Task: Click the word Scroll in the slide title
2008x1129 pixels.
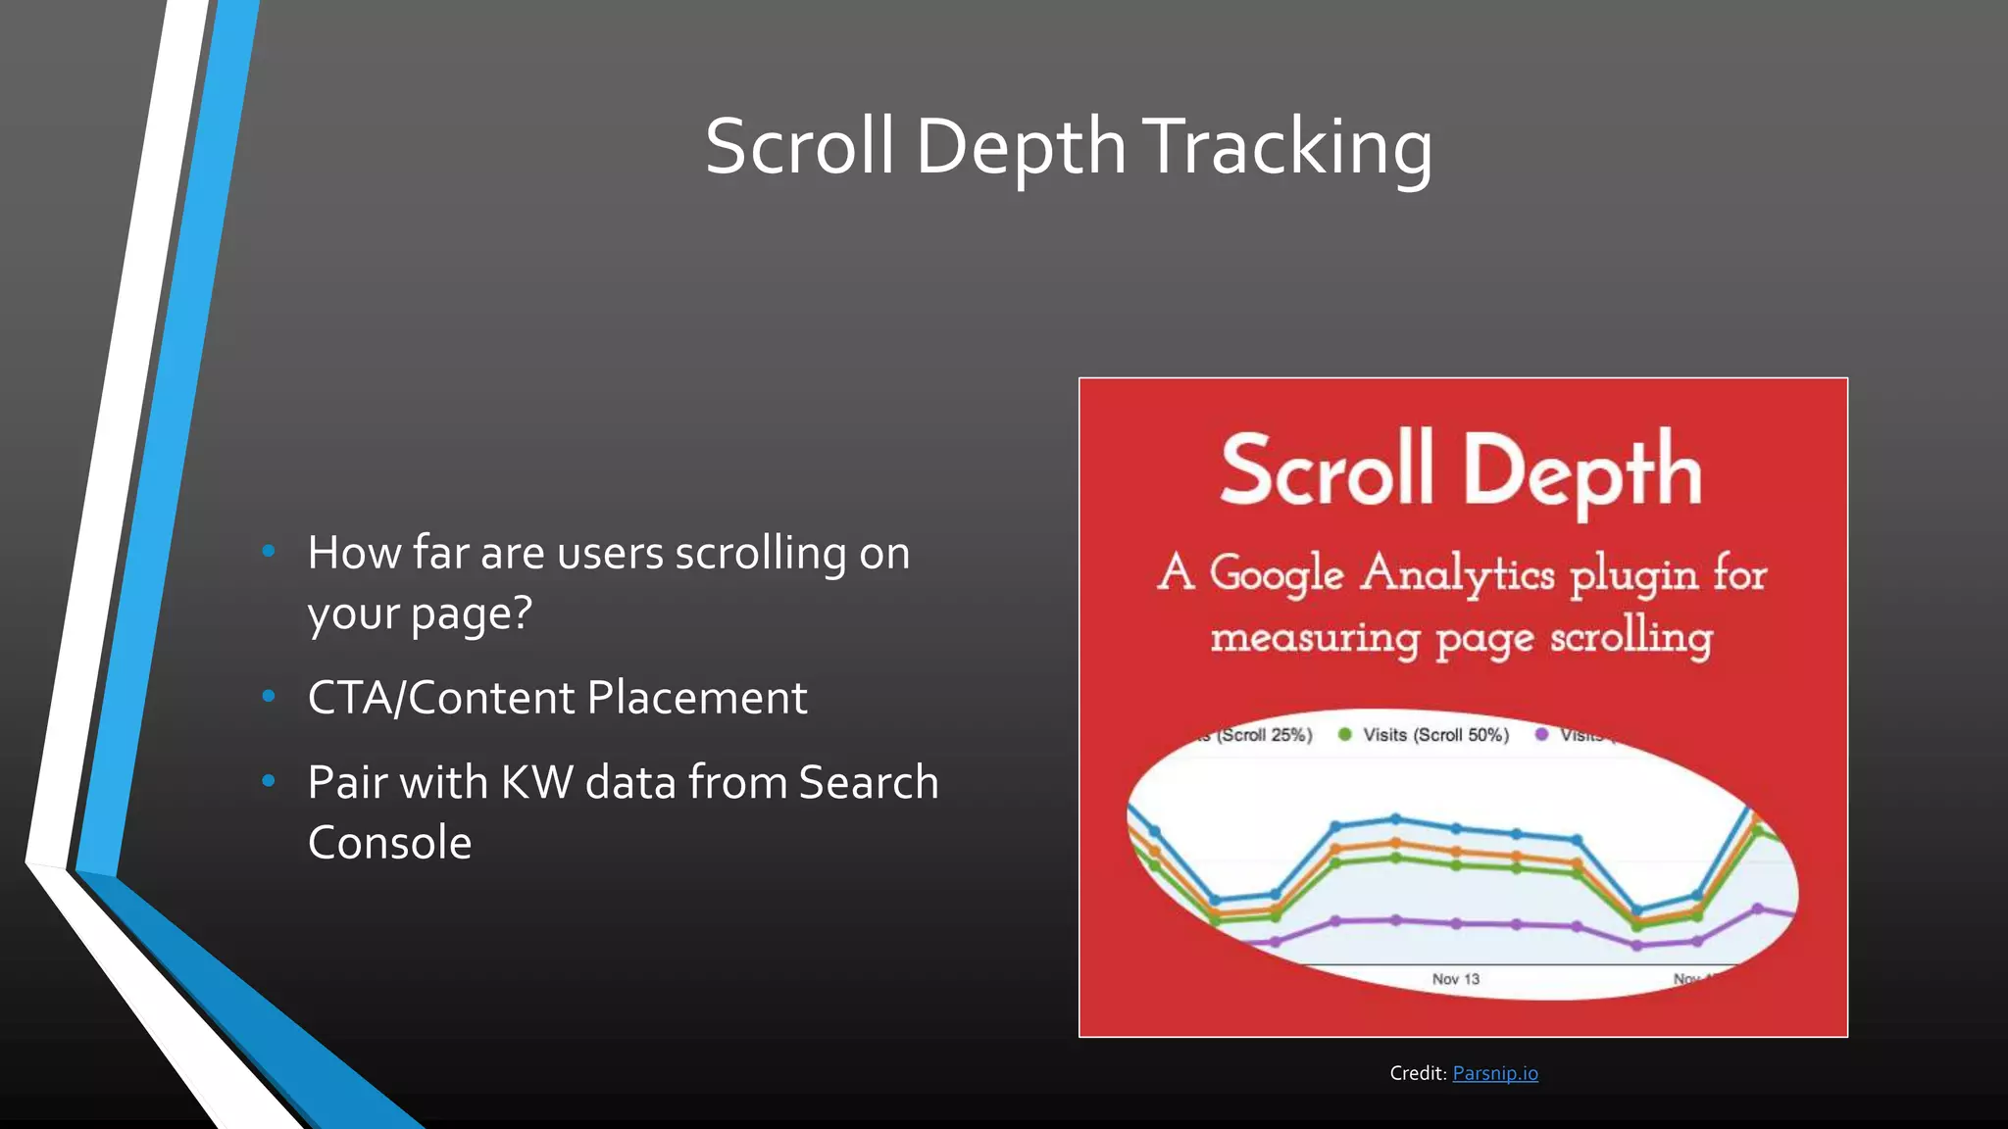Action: coord(799,147)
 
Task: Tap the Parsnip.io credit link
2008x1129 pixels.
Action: coord(1495,1073)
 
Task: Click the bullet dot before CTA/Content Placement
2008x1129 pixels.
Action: coord(269,697)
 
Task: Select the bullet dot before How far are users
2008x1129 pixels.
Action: coord(269,552)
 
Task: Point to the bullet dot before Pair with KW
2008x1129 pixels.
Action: coord(269,781)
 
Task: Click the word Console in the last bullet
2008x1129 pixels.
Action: coord(389,843)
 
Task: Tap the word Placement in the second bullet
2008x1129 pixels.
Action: coord(697,698)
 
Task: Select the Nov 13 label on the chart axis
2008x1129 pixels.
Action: coord(1455,979)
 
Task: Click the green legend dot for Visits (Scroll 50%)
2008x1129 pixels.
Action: coord(1345,734)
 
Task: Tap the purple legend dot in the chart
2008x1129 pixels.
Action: coord(1542,734)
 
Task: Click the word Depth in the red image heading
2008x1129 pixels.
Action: coord(1581,472)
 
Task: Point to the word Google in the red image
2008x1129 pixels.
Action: coord(1276,573)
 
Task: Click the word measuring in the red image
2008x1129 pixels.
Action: coord(1315,638)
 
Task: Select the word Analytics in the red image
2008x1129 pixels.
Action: coord(1457,573)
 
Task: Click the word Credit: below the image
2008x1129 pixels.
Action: coord(1418,1073)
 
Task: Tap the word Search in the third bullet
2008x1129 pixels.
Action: coord(869,783)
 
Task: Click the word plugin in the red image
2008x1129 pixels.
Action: coord(1634,575)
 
